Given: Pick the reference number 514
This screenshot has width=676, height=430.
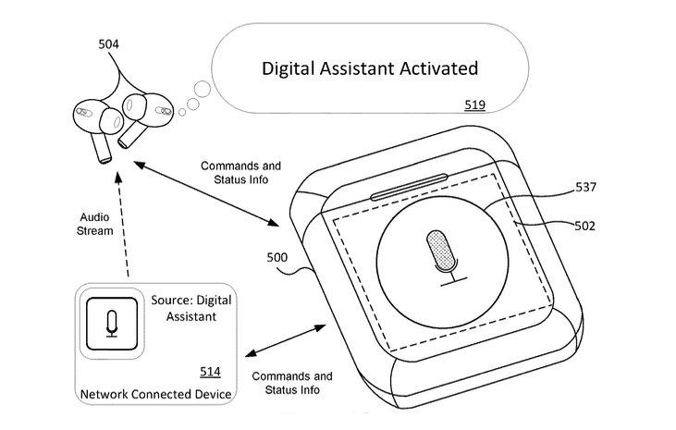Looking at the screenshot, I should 211,372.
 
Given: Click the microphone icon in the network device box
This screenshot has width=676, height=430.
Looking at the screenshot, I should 112,323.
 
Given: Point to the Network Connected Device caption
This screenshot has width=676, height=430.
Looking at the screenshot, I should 155,395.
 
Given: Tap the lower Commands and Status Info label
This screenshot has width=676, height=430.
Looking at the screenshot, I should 291,383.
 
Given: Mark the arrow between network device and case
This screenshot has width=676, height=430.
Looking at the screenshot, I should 286,341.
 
